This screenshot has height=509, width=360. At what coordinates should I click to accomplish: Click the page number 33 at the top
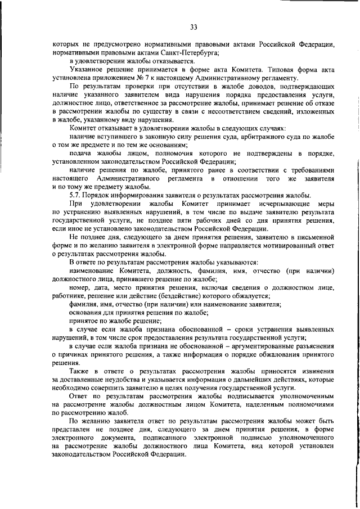point(193,26)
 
